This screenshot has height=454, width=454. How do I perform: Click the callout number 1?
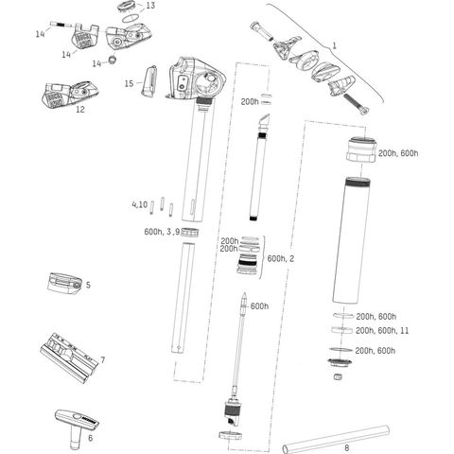point(334,46)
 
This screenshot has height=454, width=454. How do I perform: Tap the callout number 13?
point(150,6)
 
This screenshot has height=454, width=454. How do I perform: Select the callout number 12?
point(80,110)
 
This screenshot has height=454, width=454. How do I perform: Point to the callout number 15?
point(129,83)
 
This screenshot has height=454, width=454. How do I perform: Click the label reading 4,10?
point(140,204)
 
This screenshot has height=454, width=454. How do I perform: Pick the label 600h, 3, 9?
point(162,232)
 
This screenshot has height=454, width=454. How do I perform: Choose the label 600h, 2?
point(281,258)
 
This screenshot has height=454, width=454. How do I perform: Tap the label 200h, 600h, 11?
point(382,330)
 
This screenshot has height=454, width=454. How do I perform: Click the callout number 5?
point(88,285)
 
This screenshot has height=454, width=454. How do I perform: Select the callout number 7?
point(102,359)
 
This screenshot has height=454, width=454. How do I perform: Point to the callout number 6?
point(91,438)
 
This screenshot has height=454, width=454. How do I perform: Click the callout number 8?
point(347,447)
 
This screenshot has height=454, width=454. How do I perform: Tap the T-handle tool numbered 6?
point(77,423)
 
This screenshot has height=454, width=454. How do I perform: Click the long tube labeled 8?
point(336,439)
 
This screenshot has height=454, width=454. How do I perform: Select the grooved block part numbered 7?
point(68,358)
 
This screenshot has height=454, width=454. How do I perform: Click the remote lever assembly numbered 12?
point(70,95)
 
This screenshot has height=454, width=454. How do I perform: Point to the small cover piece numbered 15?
point(148,80)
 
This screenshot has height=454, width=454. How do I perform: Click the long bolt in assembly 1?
point(356,104)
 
